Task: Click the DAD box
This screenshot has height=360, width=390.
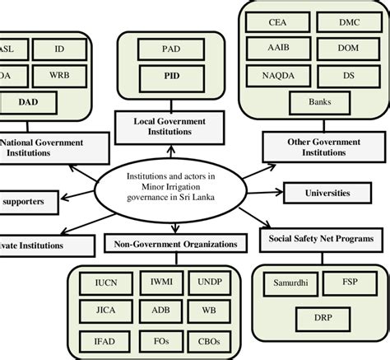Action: (28, 102)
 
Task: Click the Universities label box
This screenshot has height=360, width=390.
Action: (327, 193)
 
